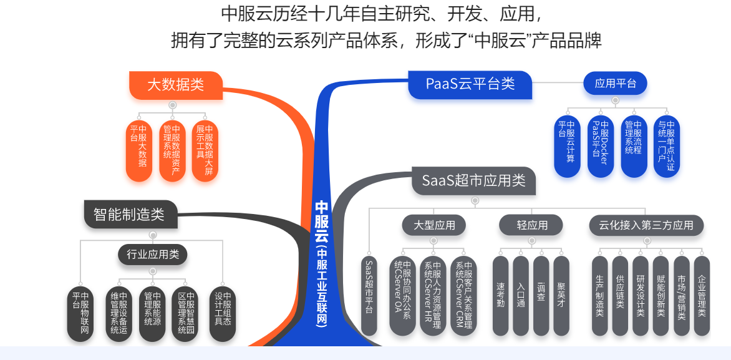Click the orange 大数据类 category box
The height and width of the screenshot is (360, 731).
[x=176, y=85]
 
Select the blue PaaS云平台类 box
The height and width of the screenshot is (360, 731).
[x=470, y=84]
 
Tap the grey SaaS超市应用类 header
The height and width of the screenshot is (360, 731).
[x=473, y=180]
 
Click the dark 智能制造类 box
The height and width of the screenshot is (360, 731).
[x=131, y=214]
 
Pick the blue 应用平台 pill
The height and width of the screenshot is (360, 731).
[x=616, y=84]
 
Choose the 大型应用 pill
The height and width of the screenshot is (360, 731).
[x=434, y=225]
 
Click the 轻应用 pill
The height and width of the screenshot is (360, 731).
[x=531, y=225]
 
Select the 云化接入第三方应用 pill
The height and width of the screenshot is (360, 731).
[x=647, y=225]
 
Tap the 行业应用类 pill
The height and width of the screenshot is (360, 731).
[x=152, y=254]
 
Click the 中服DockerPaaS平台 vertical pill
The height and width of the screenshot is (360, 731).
[x=600, y=147]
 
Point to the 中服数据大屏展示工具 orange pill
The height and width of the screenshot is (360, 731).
[x=205, y=151]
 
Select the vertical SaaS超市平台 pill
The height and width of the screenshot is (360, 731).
[x=369, y=296]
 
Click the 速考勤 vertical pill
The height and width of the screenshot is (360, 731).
[x=501, y=296]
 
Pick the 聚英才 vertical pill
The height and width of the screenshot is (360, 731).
[x=561, y=296]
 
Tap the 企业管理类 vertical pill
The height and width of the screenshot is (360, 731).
[x=702, y=296]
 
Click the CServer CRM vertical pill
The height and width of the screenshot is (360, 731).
[x=463, y=296]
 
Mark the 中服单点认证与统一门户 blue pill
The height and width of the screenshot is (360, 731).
[x=667, y=147]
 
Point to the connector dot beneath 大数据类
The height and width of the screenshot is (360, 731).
[x=173, y=105]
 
